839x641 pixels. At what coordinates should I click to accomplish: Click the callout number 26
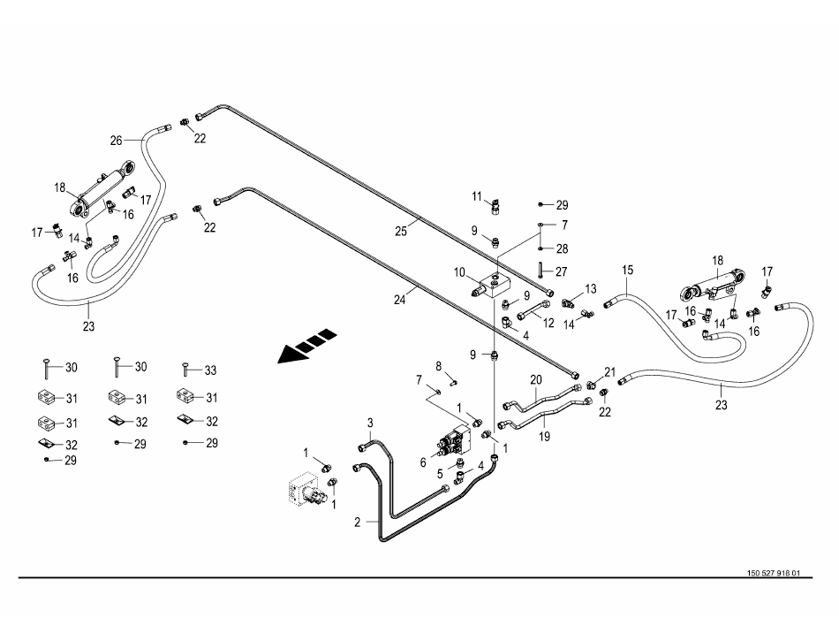coord(116,140)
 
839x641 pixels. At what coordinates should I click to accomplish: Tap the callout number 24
coord(399,299)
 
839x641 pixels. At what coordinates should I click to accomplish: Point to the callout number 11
coord(476,195)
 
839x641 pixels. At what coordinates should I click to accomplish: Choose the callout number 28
coord(563,248)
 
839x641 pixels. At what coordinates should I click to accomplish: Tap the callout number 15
coord(628,269)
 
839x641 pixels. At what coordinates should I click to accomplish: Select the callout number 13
coord(591,289)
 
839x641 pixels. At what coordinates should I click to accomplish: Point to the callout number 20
coord(535,380)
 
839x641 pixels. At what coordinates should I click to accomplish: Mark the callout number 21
coord(608,371)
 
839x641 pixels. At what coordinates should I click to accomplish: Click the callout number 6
coord(423,462)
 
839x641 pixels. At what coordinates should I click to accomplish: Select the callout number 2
coord(358,523)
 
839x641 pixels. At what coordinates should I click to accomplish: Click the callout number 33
coord(210,370)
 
